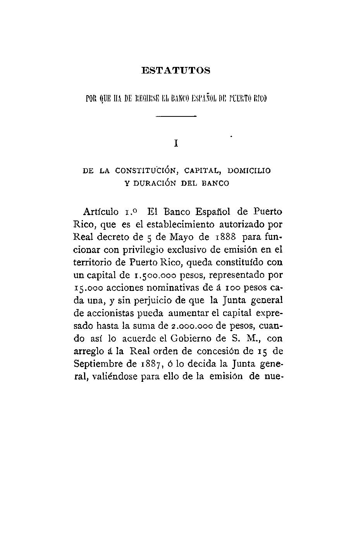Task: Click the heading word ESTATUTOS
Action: [176, 71]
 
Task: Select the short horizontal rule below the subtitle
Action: [176, 116]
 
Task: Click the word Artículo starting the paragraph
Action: [101, 212]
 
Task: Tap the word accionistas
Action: [107, 313]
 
